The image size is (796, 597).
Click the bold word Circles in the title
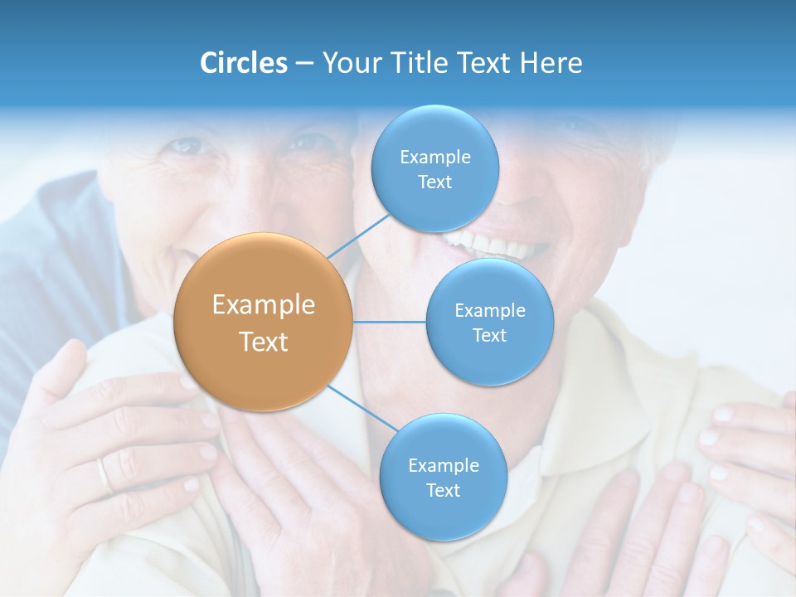[x=243, y=63]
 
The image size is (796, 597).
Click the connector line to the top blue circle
[x=359, y=236]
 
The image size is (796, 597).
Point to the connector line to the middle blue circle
[x=390, y=322]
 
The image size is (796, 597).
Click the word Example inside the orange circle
[x=264, y=305]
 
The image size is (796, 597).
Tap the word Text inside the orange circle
[x=264, y=342]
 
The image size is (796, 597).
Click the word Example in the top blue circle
[x=435, y=158]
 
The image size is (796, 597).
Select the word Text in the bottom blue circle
[x=443, y=491]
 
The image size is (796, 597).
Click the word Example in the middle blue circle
[x=490, y=311]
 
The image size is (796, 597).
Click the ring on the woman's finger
[x=104, y=474]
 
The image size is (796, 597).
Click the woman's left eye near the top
[x=186, y=147]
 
